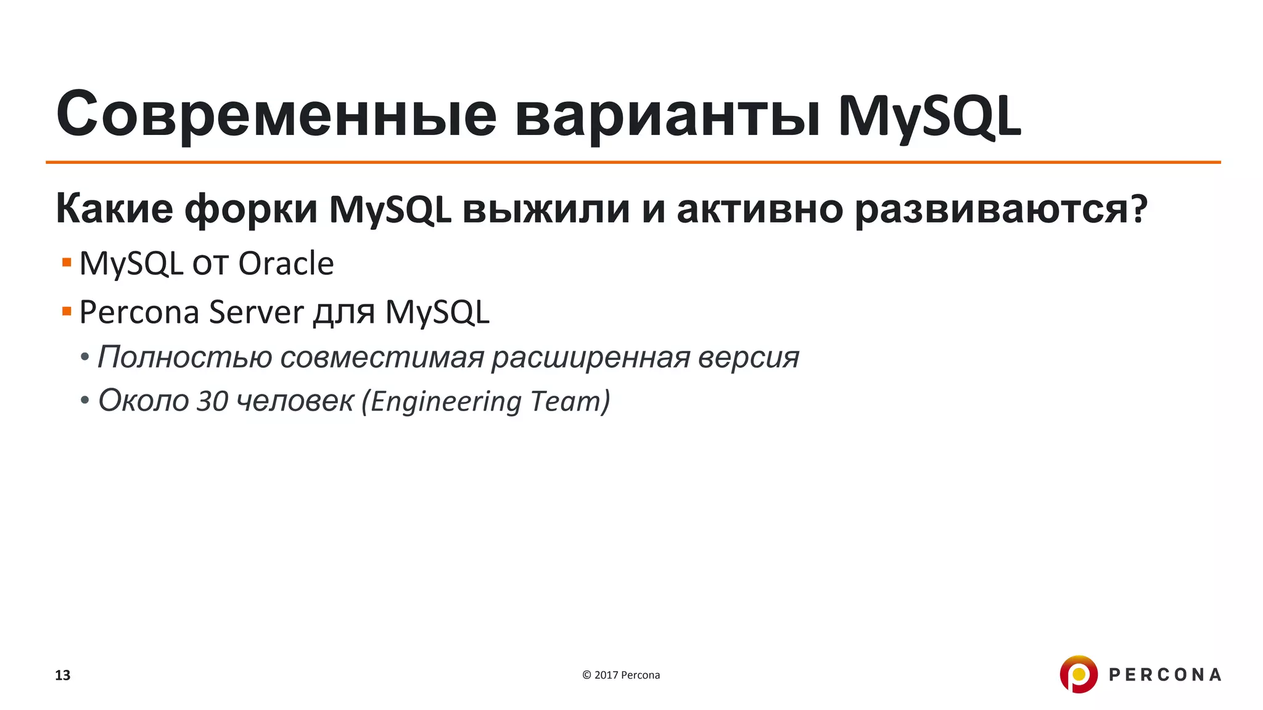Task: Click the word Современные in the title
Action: (276, 115)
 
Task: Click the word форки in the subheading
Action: (251, 209)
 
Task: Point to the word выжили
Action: (546, 209)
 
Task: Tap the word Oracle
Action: (286, 264)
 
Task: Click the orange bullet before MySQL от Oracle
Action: (67, 263)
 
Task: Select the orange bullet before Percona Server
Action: (67, 311)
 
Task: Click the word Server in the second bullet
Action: (257, 312)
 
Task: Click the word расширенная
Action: (590, 357)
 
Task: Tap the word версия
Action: (748, 357)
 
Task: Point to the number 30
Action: (212, 401)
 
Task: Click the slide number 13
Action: (63, 675)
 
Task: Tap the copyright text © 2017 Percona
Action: (621, 675)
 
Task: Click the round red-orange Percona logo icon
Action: (1078, 674)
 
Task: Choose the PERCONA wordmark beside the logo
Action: (1165, 675)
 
